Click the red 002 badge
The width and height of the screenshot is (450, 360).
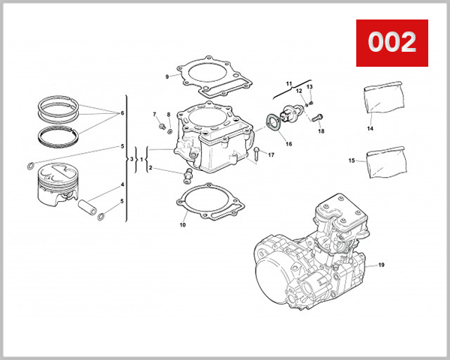click(x=391, y=42)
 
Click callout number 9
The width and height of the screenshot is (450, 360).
click(x=167, y=76)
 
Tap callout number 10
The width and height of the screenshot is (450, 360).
click(x=182, y=224)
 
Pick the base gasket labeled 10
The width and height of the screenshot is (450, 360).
click(x=211, y=204)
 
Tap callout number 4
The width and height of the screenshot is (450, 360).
click(x=121, y=184)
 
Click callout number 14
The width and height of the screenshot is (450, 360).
click(x=370, y=128)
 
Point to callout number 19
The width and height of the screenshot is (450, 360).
click(x=380, y=265)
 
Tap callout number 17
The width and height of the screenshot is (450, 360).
click(x=271, y=155)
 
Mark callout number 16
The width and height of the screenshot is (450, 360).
click(x=288, y=142)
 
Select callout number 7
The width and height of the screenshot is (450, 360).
click(x=155, y=115)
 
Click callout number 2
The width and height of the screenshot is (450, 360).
click(x=150, y=169)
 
